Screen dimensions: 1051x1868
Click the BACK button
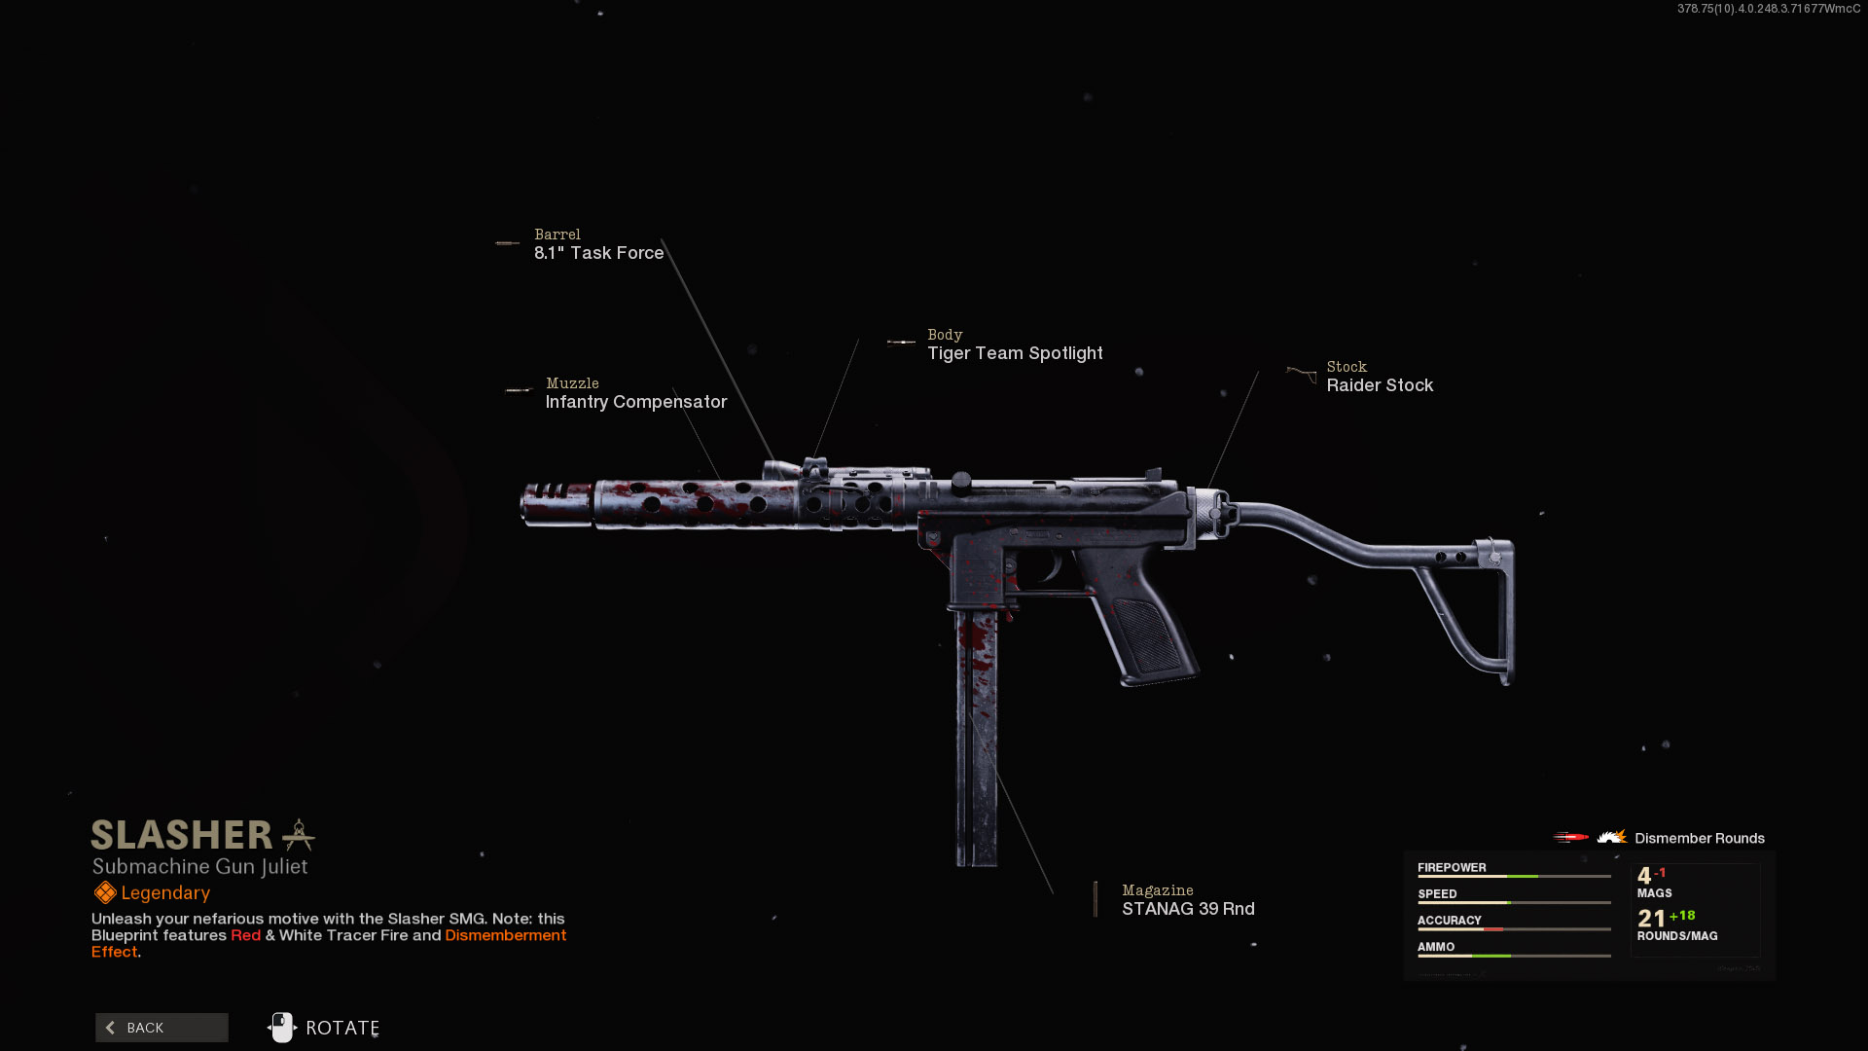(162, 1028)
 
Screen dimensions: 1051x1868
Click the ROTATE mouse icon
(282, 1028)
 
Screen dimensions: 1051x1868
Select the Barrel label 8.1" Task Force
(598, 253)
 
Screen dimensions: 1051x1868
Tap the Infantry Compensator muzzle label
(635, 402)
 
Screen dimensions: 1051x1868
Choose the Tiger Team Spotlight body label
(1015, 353)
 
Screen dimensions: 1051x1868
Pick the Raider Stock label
(1380, 385)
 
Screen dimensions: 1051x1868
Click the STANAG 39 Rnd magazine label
(1188, 909)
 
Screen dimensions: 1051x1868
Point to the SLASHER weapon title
(182, 836)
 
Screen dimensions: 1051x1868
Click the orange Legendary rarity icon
(105, 893)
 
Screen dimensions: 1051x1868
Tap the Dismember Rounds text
(1699, 839)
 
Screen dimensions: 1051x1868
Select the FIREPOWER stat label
(1452, 868)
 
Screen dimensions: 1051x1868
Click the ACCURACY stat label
(1449, 921)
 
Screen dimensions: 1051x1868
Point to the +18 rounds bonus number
(1682, 916)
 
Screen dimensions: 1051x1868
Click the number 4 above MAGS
(1644, 876)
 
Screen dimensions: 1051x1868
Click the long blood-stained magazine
(976, 740)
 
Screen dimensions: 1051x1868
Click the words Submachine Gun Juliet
(199, 867)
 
